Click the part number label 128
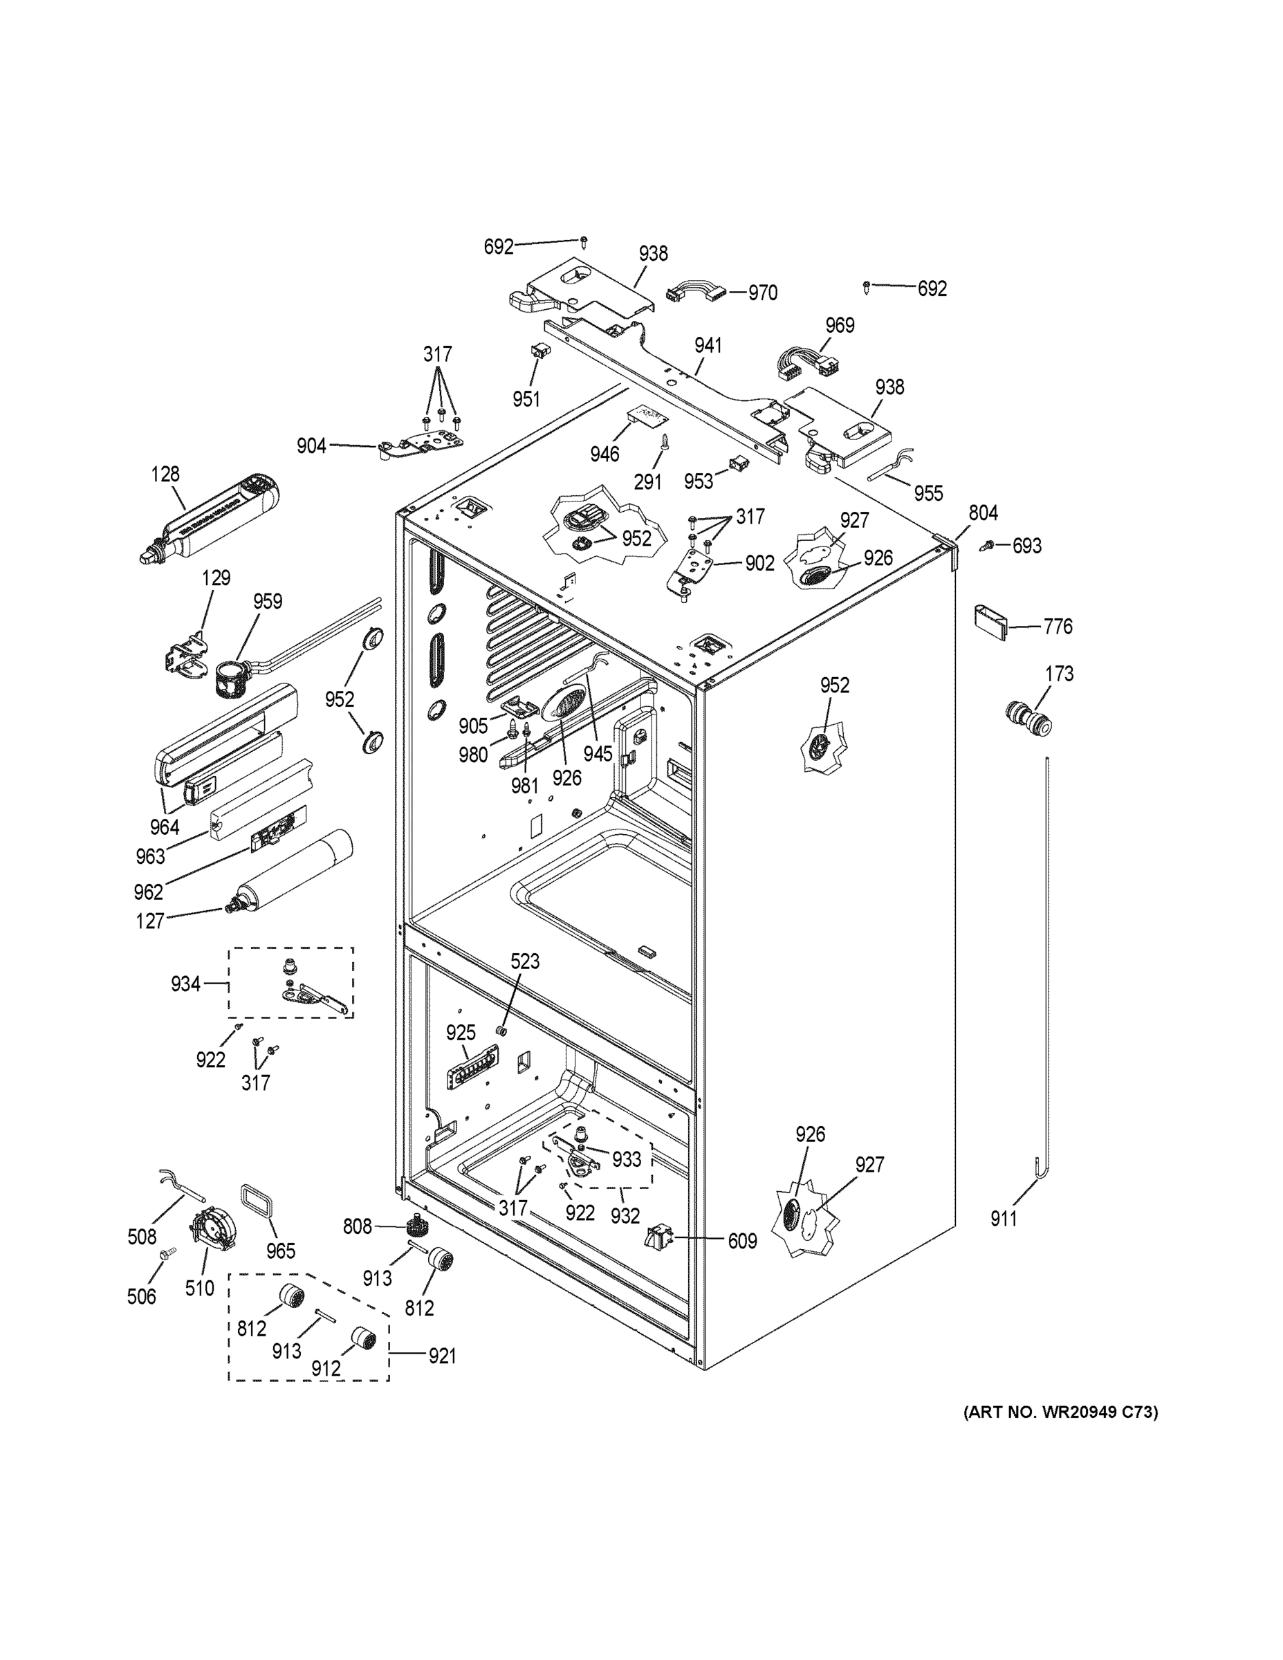(x=165, y=474)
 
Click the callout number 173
(x=1059, y=674)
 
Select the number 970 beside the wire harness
(x=762, y=293)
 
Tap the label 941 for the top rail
(x=708, y=345)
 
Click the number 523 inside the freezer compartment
(x=524, y=961)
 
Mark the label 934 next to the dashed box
(x=185, y=984)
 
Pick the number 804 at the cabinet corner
(x=983, y=513)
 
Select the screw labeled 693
(x=990, y=544)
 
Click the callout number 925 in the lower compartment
(x=461, y=1032)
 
